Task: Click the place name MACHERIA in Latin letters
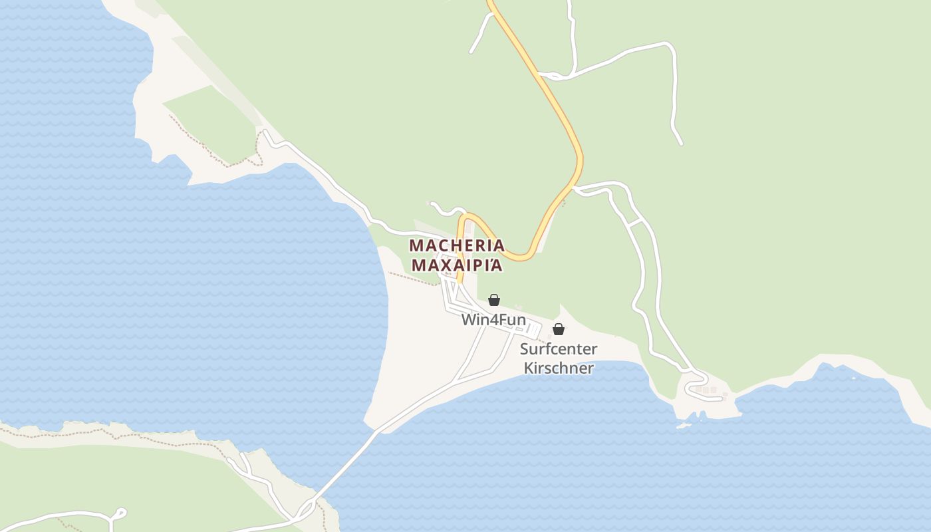pyautogui.click(x=457, y=245)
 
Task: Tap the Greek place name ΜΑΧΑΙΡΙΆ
pyautogui.click(x=457, y=265)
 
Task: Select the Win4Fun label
pyautogui.click(x=493, y=320)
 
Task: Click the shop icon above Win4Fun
pyautogui.click(x=494, y=300)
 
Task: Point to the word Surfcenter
pyautogui.click(x=559, y=349)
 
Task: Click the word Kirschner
pyautogui.click(x=559, y=368)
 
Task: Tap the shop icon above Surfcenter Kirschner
pyautogui.click(x=559, y=329)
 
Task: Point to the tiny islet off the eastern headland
pyautogui.click(x=683, y=425)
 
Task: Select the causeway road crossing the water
pyautogui.click(x=346, y=465)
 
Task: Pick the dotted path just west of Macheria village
pyautogui.click(x=412, y=279)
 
